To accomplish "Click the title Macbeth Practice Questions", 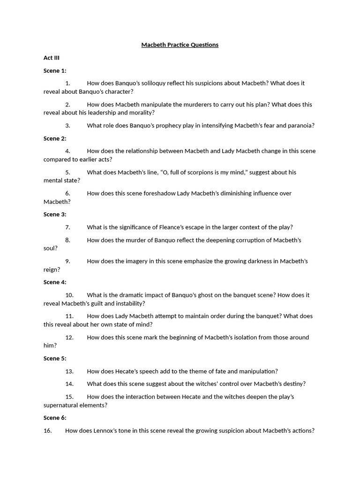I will tap(180, 45).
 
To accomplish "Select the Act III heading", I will tap(52, 58).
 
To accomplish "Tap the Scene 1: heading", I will tap(55, 71).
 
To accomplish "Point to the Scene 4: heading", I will tap(55, 282).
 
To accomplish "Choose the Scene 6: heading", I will tap(55, 418).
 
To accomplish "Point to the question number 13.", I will tap(69, 371).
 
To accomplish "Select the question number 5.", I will tap(68, 172).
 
